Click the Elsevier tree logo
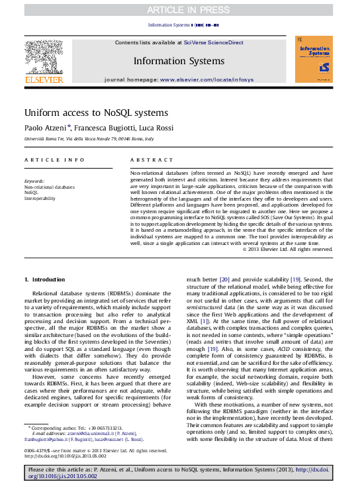click(44, 56)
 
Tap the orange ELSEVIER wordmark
click(44, 80)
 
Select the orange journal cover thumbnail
click(314, 60)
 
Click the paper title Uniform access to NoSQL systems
click(96, 113)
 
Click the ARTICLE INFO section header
click(54, 160)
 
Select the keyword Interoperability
click(40, 198)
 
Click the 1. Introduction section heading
click(45, 280)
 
